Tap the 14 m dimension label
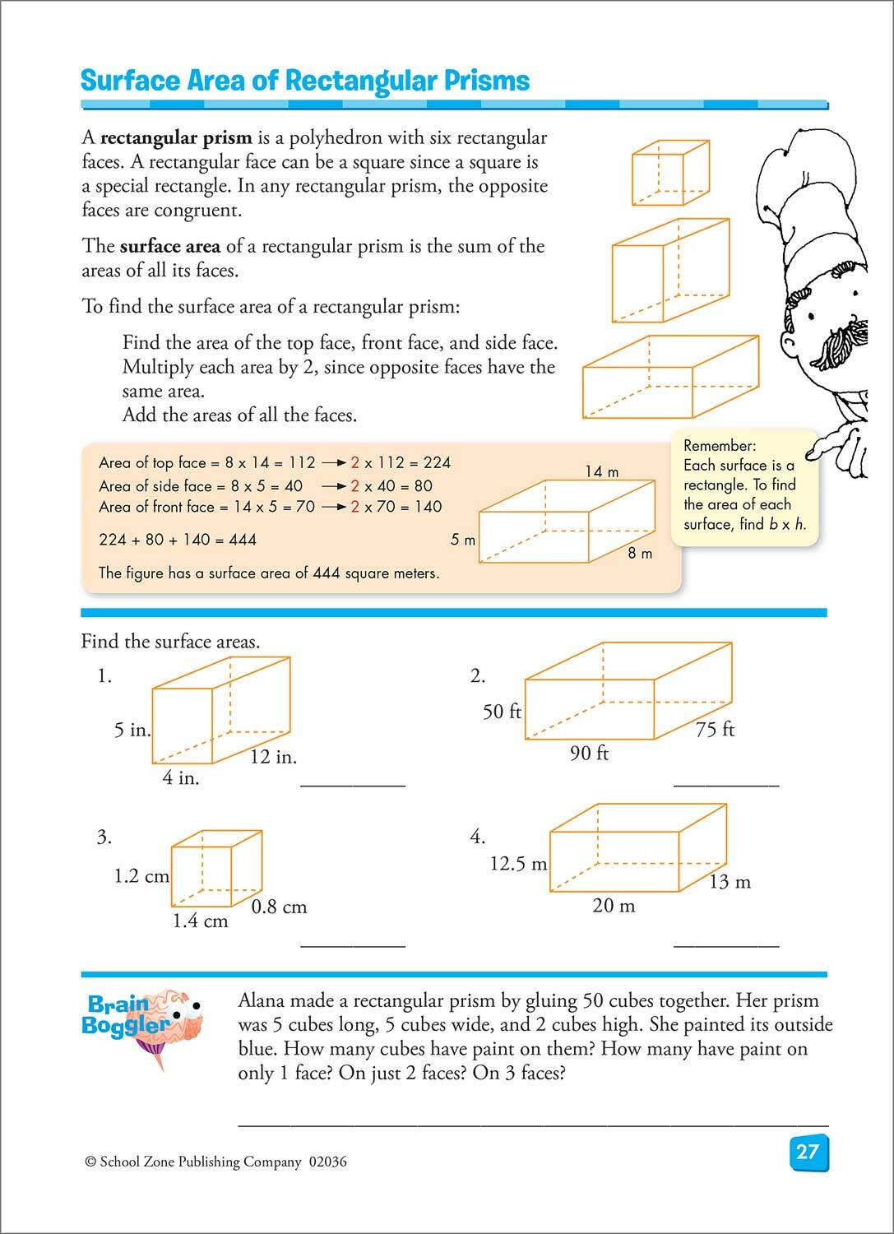(602, 471)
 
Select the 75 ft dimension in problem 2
(715, 729)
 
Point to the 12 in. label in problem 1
(273, 757)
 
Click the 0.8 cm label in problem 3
(279, 907)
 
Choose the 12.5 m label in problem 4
(518, 864)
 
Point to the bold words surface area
(169, 246)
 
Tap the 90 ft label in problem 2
(589, 753)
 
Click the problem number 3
(104, 837)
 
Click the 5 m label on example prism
(463, 540)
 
